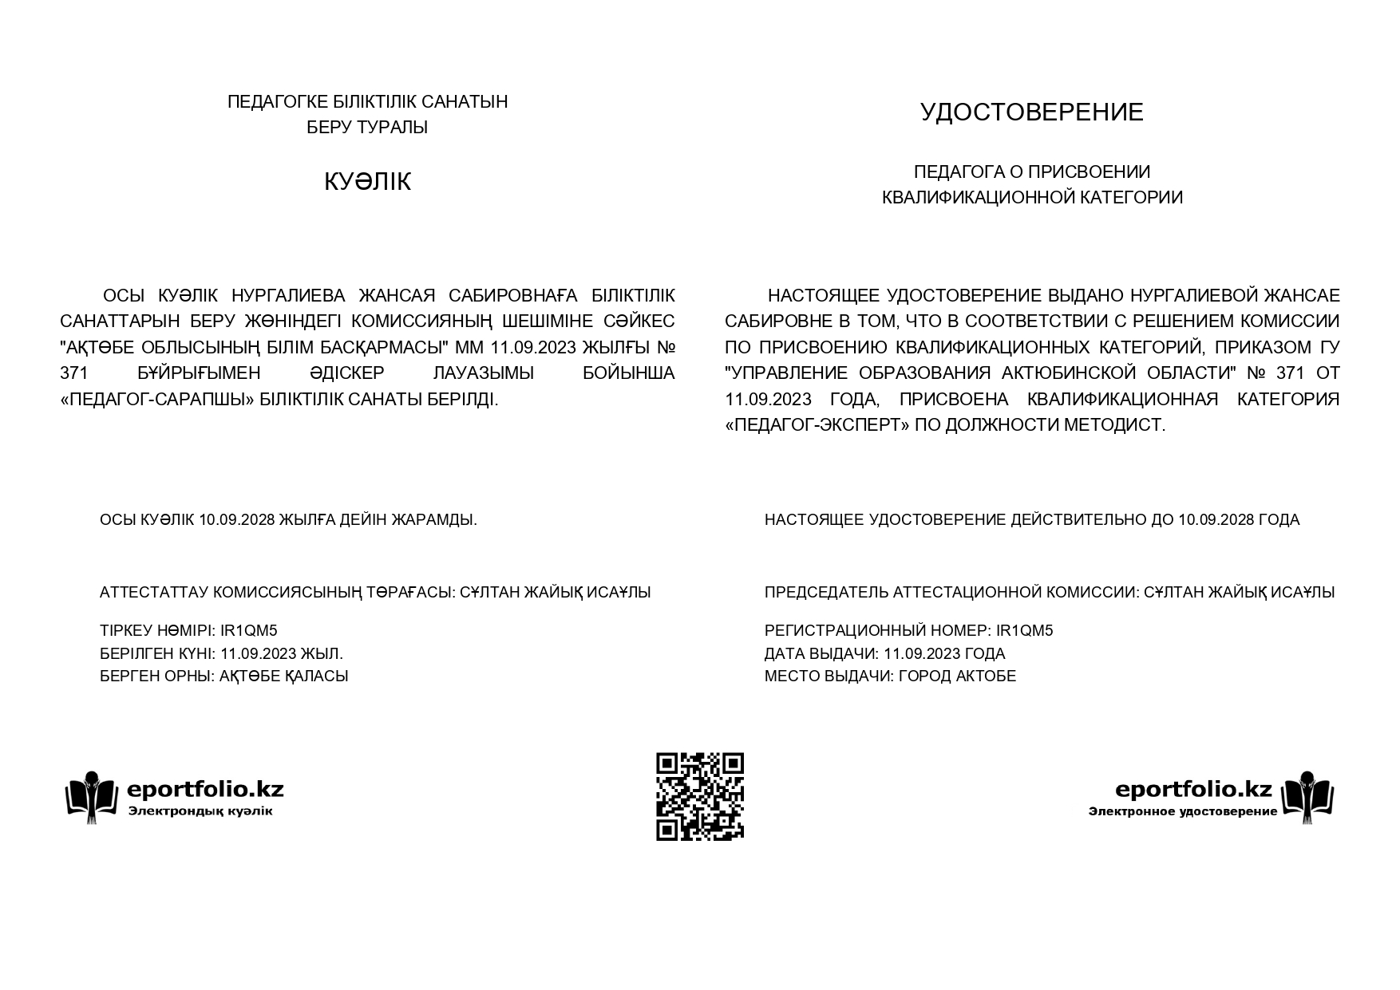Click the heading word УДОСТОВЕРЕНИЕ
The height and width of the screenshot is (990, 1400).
click(x=1031, y=112)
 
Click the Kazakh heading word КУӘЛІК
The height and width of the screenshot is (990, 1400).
click(x=367, y=182)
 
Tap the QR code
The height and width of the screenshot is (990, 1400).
click(x=700, y=796)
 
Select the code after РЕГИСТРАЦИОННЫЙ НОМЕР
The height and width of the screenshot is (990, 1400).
click(x=1025, y=631)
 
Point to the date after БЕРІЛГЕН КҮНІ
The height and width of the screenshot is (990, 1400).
click(x=258, y=654)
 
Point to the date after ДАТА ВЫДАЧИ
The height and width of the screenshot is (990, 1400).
click(x=921, y=654)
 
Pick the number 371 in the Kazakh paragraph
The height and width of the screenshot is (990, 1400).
click(x=73, y=373)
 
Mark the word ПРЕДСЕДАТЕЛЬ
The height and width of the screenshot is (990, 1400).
click(x=826, y=593)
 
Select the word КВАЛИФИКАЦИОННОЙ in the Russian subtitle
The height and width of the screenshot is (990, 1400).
click(x=979, y=198)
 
